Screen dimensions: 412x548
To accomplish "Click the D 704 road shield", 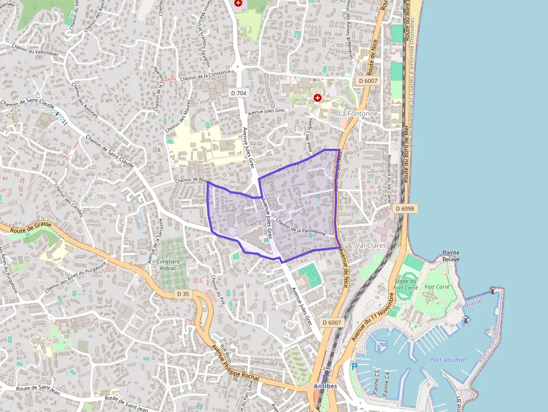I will (238, 93).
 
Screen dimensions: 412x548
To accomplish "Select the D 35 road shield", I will (183, 294).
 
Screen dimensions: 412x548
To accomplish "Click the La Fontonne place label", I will (358, 113).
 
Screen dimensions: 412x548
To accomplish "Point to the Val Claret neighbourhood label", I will (370, 245).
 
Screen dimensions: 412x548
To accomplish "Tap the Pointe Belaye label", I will (451, 256).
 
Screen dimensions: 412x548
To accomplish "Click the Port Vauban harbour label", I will (447, 359).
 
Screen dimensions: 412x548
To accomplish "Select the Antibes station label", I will (325, 386).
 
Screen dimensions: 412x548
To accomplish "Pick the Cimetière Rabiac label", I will (168, 264).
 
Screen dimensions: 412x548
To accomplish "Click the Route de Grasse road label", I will (27, 230).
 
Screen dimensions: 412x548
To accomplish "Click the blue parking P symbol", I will (354, 367).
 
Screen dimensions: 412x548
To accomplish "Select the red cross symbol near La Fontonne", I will (318, 98).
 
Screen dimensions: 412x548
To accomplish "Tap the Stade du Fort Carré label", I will (406, 284).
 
